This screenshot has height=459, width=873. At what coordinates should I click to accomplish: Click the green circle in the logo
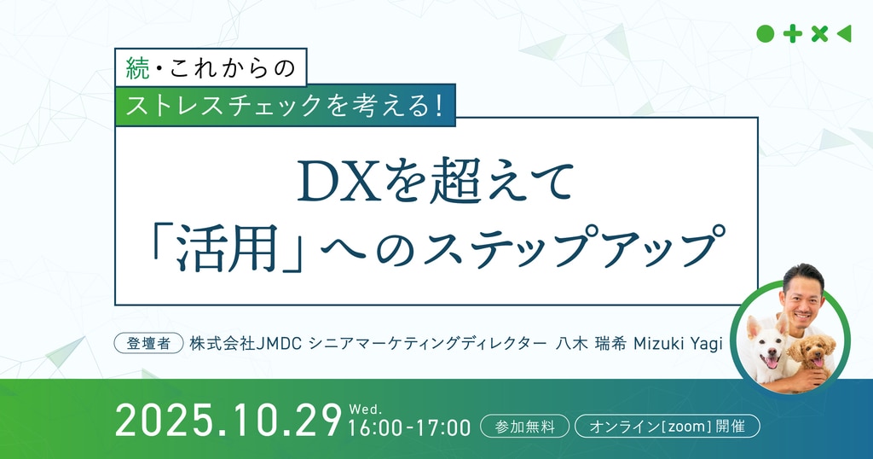coord(765,34)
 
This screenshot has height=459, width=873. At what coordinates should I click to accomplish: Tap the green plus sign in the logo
coord(792,34)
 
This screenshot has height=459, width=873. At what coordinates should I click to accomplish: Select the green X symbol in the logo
coord(819,34)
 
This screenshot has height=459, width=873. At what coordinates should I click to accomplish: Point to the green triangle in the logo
coord(844,34)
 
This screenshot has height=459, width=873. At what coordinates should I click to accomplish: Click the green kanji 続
coord(138,69)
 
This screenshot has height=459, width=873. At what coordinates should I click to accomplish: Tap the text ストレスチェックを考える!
coord(285,105)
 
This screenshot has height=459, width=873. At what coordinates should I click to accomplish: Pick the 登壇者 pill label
coord(148,343)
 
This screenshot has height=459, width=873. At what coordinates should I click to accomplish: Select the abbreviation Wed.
coord(365,410)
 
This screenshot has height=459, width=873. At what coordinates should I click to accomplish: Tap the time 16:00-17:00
coord(409,427)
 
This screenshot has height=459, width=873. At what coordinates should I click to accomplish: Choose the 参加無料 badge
coord(524,427)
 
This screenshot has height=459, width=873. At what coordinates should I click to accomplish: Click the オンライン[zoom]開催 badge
coord(667,427)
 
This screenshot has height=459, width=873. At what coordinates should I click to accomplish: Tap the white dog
coord(766,349)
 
